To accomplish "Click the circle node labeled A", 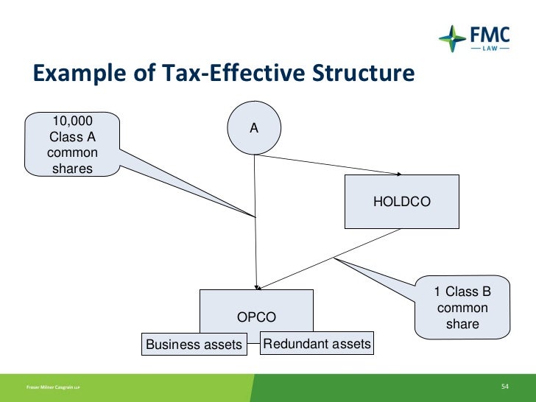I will pyautogui.click(x=254, y=128).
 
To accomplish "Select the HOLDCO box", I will pyautogui.click(x=401, y=201).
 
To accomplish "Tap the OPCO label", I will pyautogui.click(x=256, y=317).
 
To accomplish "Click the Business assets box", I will pyautogui.click(x=194, y=344).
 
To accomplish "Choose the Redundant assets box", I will pyautogui.click(x=317, y=343).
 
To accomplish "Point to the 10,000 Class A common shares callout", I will pyautogui.click(x=72, y=144).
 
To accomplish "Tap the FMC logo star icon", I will pyautogui.click(x=451, y=36).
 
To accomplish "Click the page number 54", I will pyautogui.click(x=505, y=387).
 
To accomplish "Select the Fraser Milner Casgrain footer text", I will pyautogui.click(x=53, y=387).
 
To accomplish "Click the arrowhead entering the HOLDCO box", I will pyautogui.click(x=398, y=174).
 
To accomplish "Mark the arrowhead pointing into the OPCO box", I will pyautogui.click(x=256, y=286).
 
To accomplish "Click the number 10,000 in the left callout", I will pyautogui.click(x=71, y=121).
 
